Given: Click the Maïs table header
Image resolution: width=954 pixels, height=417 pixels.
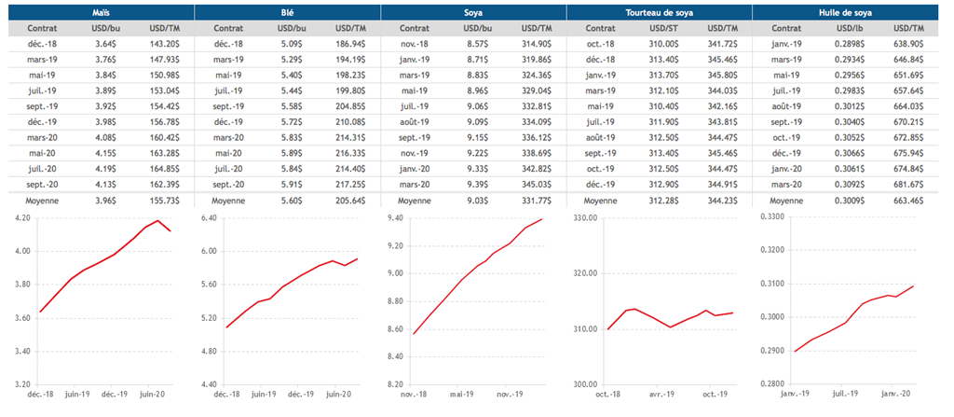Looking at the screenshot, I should [100, 12].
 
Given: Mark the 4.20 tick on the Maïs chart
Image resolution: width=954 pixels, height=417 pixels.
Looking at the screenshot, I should [19, 217].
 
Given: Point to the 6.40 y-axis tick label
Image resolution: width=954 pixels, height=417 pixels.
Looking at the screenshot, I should [207, 217].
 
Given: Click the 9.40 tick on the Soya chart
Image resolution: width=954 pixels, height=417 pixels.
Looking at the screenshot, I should [394, 217].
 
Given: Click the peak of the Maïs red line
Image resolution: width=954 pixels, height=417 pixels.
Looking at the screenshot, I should [158, 221].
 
